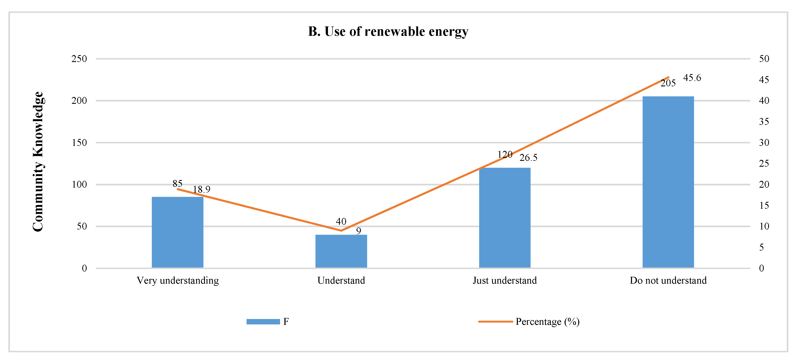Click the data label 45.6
[692, 78]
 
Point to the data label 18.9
[202, 189]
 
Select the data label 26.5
[528, 158]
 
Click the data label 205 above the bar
[668, 83]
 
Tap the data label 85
[177, 183]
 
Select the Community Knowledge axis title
[38, 161]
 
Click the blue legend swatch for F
[263, 322]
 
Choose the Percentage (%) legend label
[547, 322]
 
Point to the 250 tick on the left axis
[79, 59]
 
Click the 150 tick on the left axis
[79, 143]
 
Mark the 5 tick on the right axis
[762, 247]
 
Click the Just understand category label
[505, 280]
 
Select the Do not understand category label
[668, 280]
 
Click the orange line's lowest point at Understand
[341, 230]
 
